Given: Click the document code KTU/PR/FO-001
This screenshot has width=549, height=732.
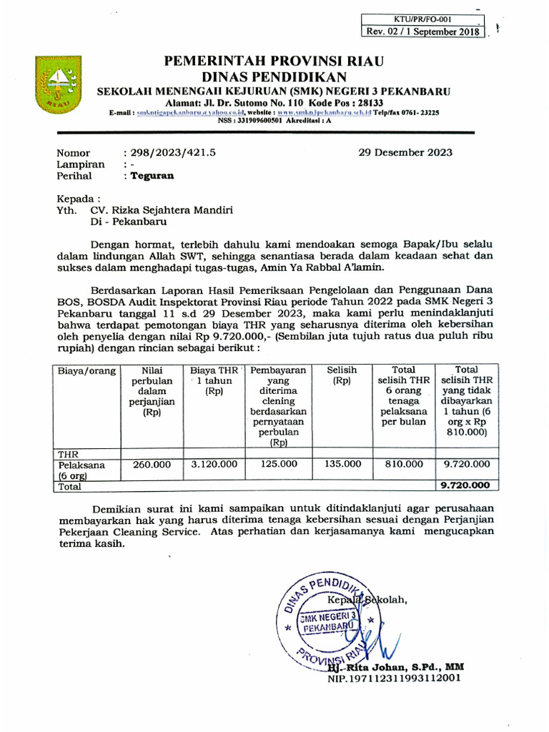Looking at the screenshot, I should pyautogui.click(x=422, y=19).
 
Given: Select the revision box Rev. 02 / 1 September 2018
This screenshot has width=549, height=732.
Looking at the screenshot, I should pyautogui.click(x=423, y=31).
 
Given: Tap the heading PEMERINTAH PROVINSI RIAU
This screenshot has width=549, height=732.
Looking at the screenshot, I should pyautogui.click(x=274, y=61).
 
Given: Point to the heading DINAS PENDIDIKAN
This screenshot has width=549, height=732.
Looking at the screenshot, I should pyautogui.click(x=274, y=77).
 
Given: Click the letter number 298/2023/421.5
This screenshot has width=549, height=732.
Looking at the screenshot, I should pyautogui.click(x=169, y=152).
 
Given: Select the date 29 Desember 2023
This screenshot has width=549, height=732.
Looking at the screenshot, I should pyautogui.click(x=405, y=152).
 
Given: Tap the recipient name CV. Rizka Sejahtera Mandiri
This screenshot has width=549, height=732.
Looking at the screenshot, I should pyautogui.click(x=162, y=211).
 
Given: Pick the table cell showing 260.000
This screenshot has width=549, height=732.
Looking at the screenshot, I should pyautogui.click(x=152, y=464).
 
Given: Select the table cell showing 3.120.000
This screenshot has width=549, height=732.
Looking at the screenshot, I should pyautogui.click(x=214, y=464).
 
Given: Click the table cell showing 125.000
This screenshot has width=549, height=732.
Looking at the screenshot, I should pyautogui.click(x=278, y=464).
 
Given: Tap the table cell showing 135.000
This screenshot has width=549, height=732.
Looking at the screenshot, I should pyautogui.click(x=342, y=464).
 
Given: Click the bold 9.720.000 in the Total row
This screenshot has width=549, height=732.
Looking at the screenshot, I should pyautogui.click(x=466, y=485).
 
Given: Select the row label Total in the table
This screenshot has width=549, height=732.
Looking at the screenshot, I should pyautogui.click(x=70, y=486).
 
